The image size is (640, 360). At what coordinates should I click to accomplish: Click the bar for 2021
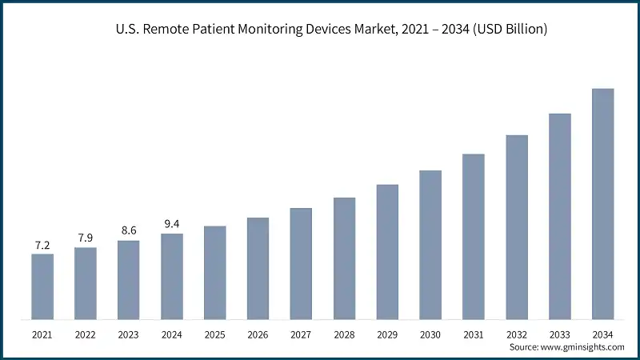42,287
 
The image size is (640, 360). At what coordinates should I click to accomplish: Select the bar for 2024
172,277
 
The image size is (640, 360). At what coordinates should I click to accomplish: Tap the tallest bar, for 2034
602,204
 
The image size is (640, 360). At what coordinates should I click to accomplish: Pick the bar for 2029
387,252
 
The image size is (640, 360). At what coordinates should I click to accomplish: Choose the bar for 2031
474,237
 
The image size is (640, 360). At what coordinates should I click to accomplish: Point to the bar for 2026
258,269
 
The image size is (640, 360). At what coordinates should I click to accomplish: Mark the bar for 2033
559,217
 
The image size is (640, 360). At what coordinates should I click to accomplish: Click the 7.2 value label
42,246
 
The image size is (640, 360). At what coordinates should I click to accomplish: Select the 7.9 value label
86,238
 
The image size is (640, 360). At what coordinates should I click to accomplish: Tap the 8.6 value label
129,231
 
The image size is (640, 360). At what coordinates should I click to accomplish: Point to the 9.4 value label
172,225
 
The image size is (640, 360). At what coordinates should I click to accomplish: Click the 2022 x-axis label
86,334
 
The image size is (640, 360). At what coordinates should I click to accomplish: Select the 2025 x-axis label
214,334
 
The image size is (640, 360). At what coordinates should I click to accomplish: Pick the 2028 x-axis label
344,334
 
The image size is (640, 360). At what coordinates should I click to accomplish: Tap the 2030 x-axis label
430,334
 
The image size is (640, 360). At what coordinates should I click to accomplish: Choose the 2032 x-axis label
517,334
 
